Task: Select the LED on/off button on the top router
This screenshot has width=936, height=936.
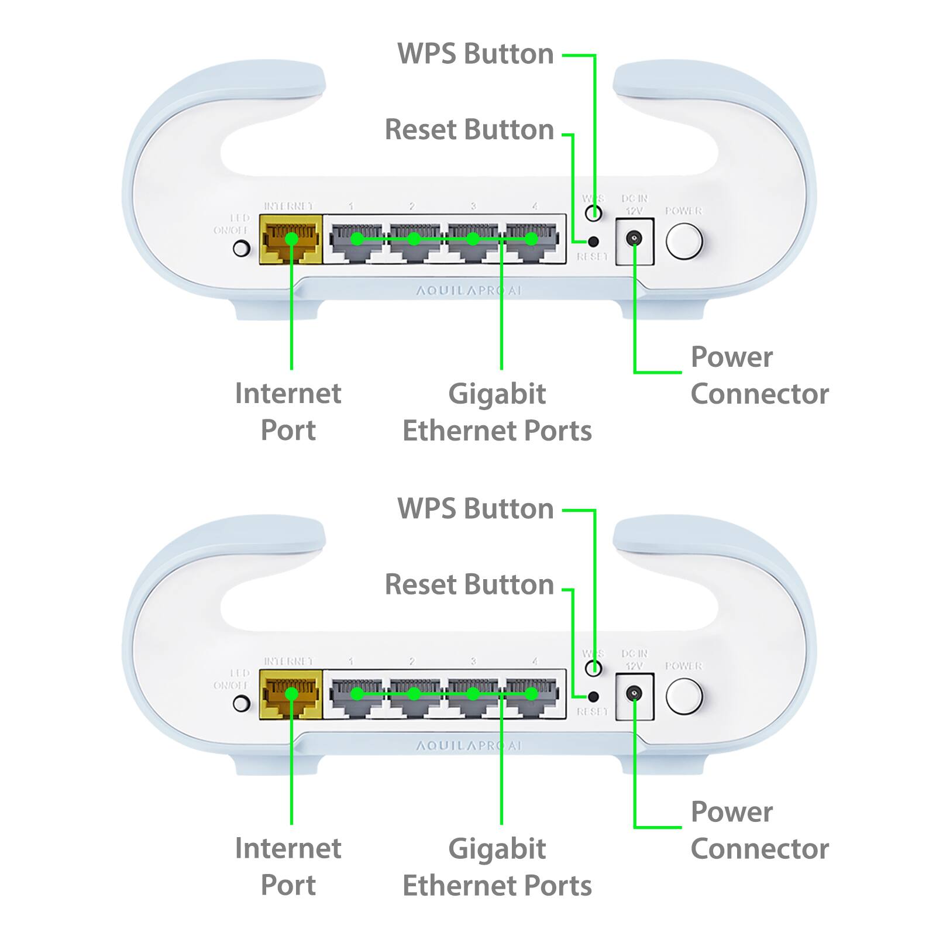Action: click(x=241, y=249)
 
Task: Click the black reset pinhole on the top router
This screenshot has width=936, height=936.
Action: click(x=593, y=241)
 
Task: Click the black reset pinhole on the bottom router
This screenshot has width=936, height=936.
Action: click(x=593, y=696)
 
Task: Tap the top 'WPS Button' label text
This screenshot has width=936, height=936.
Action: click(x=475, y=54)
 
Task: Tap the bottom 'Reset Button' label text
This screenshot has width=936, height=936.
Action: click(x=469, y=584)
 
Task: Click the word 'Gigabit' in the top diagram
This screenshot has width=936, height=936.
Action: click(x=497, y=394)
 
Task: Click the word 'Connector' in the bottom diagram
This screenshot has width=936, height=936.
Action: click(x=759, y=849)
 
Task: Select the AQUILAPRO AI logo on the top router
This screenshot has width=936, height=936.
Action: click(x=468, y=291)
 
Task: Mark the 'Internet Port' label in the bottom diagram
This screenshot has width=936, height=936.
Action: click(x=288, y=866)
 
